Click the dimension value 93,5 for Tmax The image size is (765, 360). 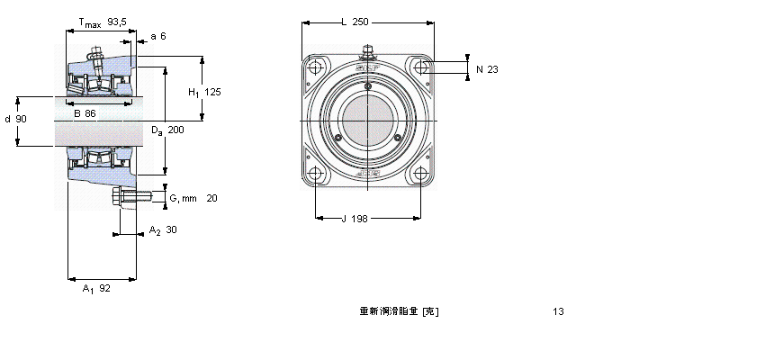[116, 21]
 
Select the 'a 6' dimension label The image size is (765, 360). [158, 36]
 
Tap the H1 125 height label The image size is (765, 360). [204, 92]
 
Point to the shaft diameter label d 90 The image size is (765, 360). [15, 119]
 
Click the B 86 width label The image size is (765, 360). [85, 113]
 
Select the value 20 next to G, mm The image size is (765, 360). [211, 198]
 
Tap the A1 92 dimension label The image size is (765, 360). [95, 289]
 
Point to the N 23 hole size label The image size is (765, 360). [486, 69]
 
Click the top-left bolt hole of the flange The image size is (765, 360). [315, 68]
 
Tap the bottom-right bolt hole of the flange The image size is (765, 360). [420, 174]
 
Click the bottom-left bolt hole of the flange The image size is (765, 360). [315, 174]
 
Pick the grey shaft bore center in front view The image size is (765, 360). [367, 121]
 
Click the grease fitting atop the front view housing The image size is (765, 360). [367, 50]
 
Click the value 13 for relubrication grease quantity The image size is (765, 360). [559, 312]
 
